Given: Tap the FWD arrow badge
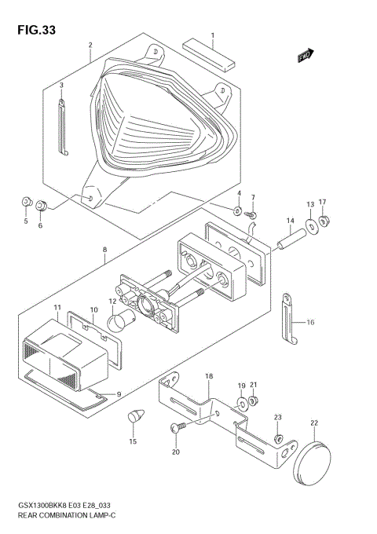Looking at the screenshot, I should pyautogui.click(x=306, y=56).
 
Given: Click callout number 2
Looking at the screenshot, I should pyautogui.click(x=90, y=45).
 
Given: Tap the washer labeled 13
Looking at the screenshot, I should pyautogui.click(x=313, y=227).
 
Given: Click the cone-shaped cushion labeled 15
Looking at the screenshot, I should pyautogui.click(x=134, y=415).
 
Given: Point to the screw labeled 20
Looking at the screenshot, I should pyautogui.click(x=177, y=427).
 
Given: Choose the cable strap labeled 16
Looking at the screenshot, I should pyautogui.click(x=288, y=317).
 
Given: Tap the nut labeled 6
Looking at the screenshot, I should pyautogui.click(x=42, y=206).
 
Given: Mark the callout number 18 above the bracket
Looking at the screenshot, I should pyautogui.click(x=208, y=377).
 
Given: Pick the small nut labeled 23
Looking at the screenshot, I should pyautogui.click(x=277, y=436).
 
